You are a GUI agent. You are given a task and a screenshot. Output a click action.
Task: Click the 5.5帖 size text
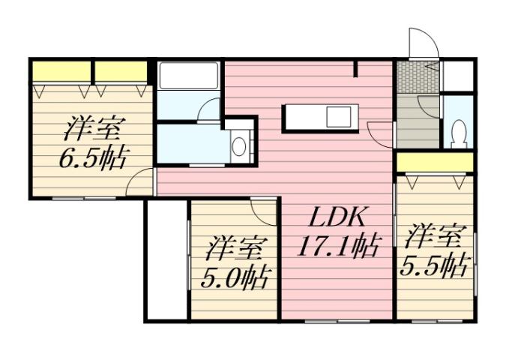(x=437, y=265)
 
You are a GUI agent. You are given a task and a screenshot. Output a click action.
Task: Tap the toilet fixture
(x=459, y=132)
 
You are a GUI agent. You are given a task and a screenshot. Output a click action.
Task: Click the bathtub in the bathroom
(x=189, y=76)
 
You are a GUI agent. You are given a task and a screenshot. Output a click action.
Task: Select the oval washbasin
(x=239, y=145)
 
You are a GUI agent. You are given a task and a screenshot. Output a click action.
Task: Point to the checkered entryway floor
(x=410, y=76)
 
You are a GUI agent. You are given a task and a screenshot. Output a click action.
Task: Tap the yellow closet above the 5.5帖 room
(x=435, y=161)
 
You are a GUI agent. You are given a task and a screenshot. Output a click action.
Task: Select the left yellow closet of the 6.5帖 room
(x=61, y=71)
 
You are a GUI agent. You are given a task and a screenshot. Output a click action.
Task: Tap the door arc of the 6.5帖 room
(x=140, y=182)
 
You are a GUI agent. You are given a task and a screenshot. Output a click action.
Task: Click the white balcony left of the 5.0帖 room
(x=166, y=259)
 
